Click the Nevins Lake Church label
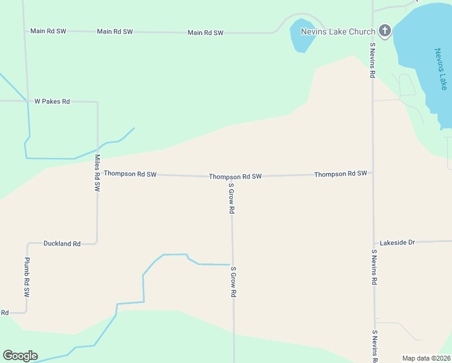pos(338,31)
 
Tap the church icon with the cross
pos(385,31)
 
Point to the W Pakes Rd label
pos(52,101)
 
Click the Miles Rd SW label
pos(97,174)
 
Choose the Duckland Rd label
pos(62,244)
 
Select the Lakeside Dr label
pos(397,243)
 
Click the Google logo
pos(20,356)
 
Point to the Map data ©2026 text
pos(426,358)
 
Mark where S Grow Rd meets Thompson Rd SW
pos(231,177)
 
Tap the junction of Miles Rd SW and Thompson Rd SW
pos(97,174)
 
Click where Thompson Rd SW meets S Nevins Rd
pos(372,173)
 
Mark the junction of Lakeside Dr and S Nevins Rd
pos(373,243)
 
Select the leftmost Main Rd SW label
pos(48,31)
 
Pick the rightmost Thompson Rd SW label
pos(340,174)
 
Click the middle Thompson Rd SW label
pos(235,177)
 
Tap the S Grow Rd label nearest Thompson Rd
pos(231,199)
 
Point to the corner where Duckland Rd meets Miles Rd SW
pos(97,243)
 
